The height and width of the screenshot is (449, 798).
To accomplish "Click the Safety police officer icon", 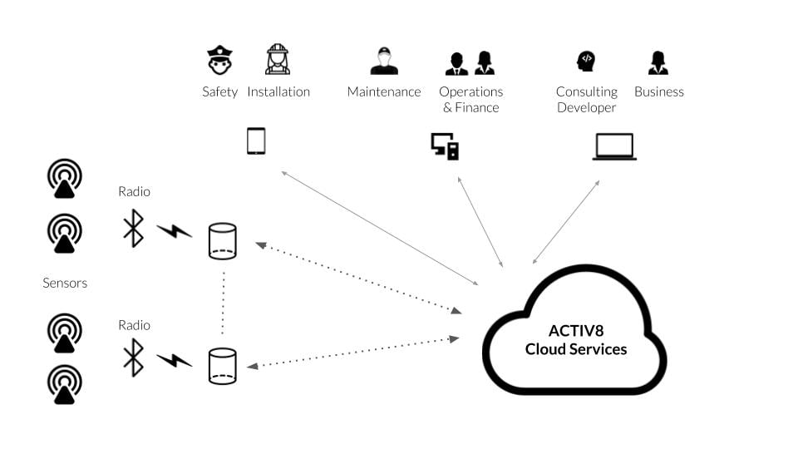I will [x=219, y=61].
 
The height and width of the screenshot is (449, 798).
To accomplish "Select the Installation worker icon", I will [x=278, y=60].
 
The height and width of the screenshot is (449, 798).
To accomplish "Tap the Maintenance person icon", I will [x=383, y=61].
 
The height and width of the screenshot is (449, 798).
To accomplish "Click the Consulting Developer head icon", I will [x=586, y=61].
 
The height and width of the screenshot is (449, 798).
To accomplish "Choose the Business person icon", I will [x=658, y=62].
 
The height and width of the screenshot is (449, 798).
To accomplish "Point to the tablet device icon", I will [x=256, y=141].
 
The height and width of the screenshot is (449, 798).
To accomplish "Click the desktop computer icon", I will [x=445, y=146].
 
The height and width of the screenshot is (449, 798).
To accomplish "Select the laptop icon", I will [x=614, y=146].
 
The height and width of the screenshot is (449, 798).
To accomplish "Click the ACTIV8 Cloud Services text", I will [x=575, y=339].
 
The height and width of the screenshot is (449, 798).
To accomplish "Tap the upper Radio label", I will [x=134, y=191].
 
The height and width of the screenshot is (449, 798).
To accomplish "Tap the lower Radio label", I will [x=134, y=325].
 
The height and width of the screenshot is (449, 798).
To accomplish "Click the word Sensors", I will [x=65, y=283].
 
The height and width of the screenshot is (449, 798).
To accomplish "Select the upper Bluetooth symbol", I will [x=133, y=228].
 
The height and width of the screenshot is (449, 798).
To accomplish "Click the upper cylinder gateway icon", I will [x=222, y=241].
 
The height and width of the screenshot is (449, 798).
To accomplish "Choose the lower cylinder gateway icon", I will [x=222, y=366].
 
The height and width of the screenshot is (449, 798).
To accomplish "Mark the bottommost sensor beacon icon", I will [x=64, y=383].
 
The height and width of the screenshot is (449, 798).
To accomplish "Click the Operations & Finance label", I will [x=470, y=99].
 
